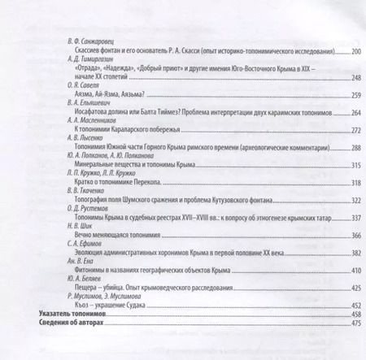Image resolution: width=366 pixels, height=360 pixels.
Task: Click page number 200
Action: (355, 50)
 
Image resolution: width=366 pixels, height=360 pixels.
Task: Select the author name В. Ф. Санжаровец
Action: (86, 40)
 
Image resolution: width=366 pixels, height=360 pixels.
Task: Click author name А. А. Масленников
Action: (90, 122)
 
